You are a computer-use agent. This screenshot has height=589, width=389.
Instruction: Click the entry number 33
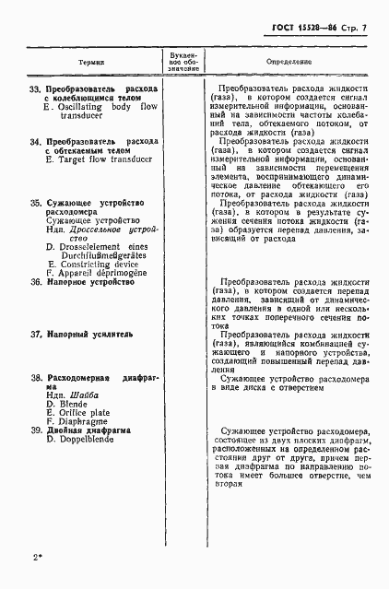point(36,89)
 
